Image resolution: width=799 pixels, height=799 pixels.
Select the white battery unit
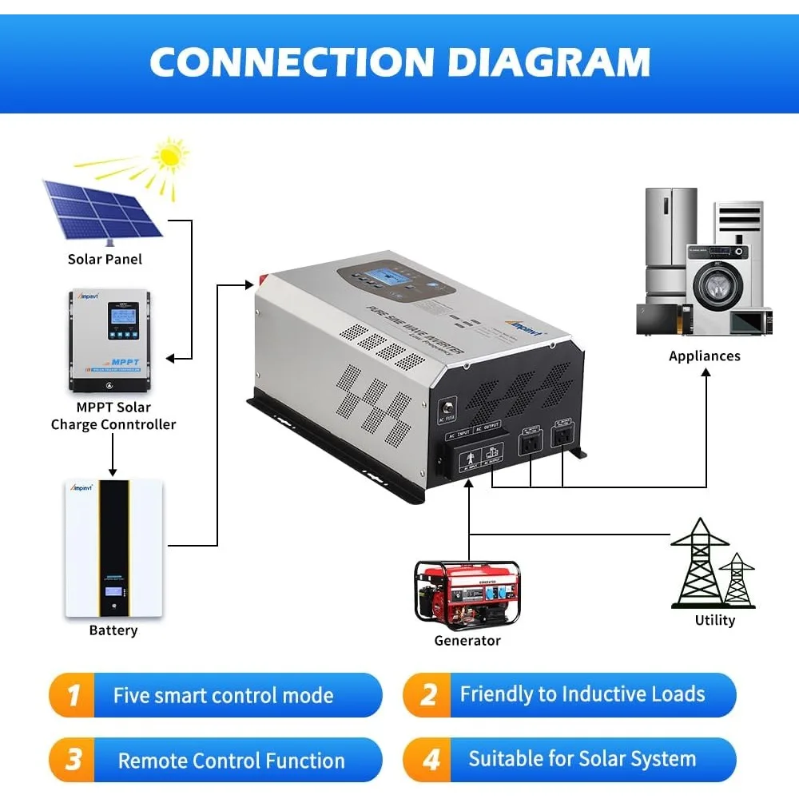[x=113, y=547]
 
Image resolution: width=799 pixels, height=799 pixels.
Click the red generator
[x=467, y=592]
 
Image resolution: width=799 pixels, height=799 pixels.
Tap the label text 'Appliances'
[x=704, y=356]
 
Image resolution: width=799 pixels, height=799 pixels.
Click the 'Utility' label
[x=714, y=620]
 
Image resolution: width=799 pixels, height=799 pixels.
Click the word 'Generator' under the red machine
[x=467, y=640]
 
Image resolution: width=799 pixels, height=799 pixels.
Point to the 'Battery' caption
[x=113, y=630]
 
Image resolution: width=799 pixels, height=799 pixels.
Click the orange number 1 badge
[x=74, y=695]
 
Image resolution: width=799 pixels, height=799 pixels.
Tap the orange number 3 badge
[x=74, y=760]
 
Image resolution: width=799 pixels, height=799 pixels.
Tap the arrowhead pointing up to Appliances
[x=706, y=373]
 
